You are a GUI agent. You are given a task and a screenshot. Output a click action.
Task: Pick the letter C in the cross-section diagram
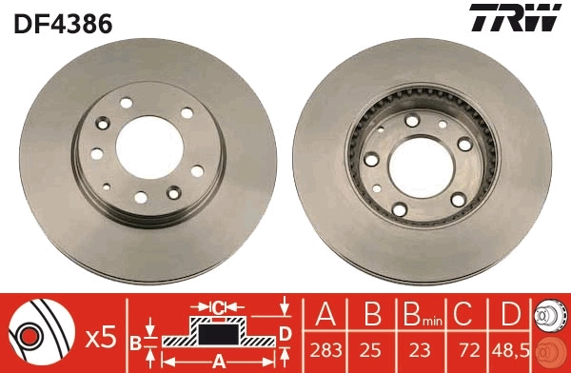click(217, 306)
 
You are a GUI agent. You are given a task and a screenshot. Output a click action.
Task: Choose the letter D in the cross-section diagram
click(284, 333)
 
